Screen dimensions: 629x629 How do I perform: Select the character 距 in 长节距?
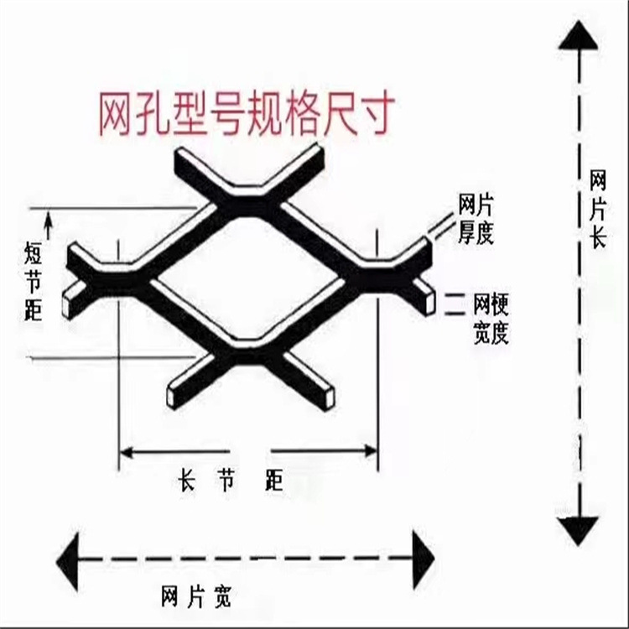(x=273, y=481)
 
